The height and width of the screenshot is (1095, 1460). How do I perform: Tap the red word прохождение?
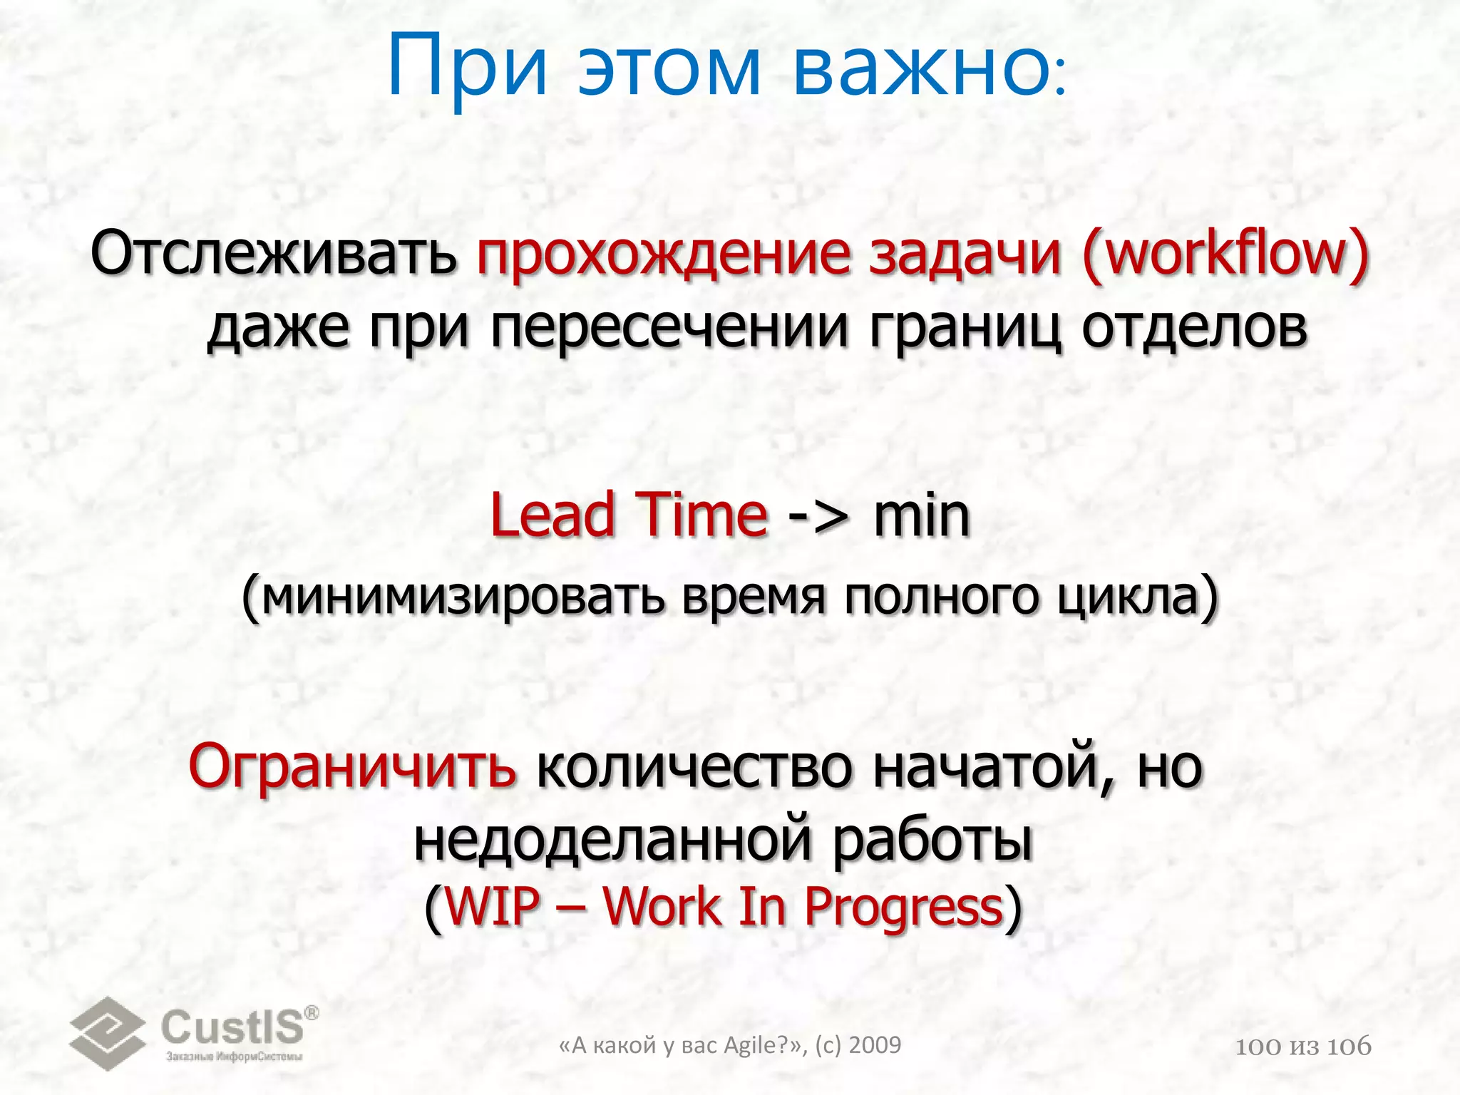pos(664,255)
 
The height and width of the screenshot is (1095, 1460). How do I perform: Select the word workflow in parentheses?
pos(1225,255)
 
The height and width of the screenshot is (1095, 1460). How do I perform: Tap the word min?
pos(922,515)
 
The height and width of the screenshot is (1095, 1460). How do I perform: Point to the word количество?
pos(694,768)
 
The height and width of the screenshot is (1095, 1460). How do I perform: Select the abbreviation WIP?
pos(492,908)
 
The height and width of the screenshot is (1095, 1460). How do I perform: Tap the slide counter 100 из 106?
pos(1303,1047)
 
